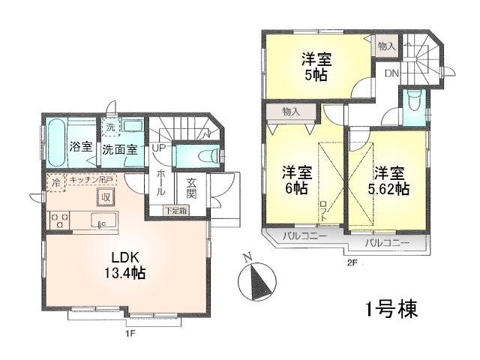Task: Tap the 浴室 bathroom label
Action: tap(80, 147)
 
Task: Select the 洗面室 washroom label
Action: tap(119, 148)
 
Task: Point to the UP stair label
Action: tap(158, 148)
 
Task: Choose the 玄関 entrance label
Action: tap(191, 187)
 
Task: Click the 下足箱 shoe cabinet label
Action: tap(176, 211)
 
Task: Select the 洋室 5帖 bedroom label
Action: tap(317, 66)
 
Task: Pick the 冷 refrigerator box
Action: tap(56, 181)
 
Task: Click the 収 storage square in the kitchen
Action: tap(106, 197)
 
